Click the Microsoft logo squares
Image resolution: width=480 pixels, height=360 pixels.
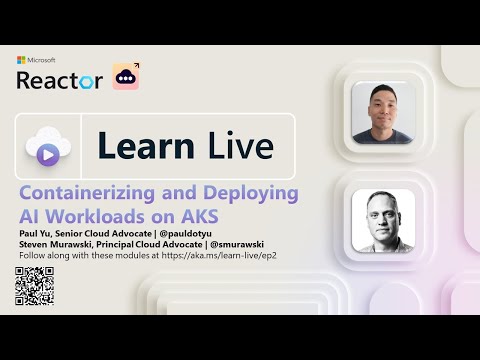coord(21,60)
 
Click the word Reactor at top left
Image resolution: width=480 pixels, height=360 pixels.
coord(59,79)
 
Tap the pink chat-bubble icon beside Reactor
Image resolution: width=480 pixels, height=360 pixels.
coord(126,78)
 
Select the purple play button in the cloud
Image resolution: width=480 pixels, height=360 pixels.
coord(46,153)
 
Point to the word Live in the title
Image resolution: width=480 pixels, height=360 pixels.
coord(240,146)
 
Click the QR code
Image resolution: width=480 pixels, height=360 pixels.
coord(33,284)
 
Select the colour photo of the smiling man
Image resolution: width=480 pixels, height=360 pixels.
coord(385,115)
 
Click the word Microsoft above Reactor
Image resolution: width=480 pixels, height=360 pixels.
coord(42,60)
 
